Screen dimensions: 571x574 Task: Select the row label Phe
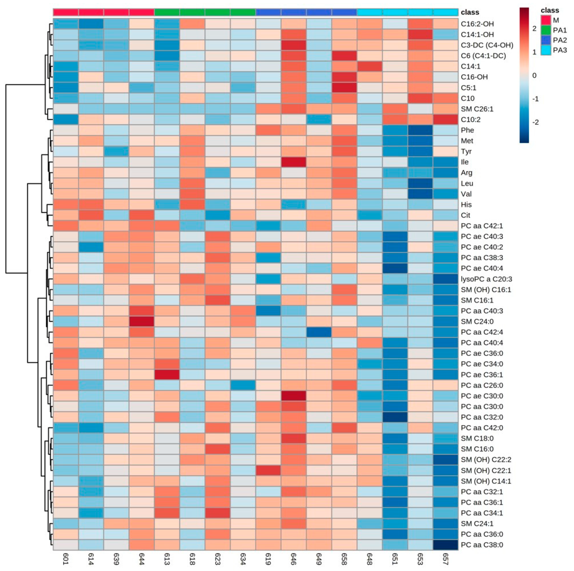click(467, 130)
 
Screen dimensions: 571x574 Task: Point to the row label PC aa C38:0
click(482, 545)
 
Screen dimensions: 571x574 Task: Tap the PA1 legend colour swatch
click(545, 30)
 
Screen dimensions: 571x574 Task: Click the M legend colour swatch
click(545, 20)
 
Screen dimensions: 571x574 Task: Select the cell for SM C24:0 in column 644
click(142, 321)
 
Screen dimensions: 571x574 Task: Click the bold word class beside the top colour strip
click(470, 12)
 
